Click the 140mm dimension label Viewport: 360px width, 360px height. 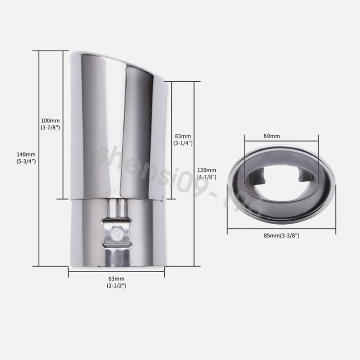(26, 154)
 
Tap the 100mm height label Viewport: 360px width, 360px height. (50, 121)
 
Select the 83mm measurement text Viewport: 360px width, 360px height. (182, 136)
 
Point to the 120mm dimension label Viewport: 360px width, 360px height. (206, 170)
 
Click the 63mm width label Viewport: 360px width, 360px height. (116, 279)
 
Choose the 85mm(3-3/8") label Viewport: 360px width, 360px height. (281, 236)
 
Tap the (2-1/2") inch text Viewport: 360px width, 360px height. (116, 286)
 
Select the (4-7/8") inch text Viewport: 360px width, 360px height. (206, 177)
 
